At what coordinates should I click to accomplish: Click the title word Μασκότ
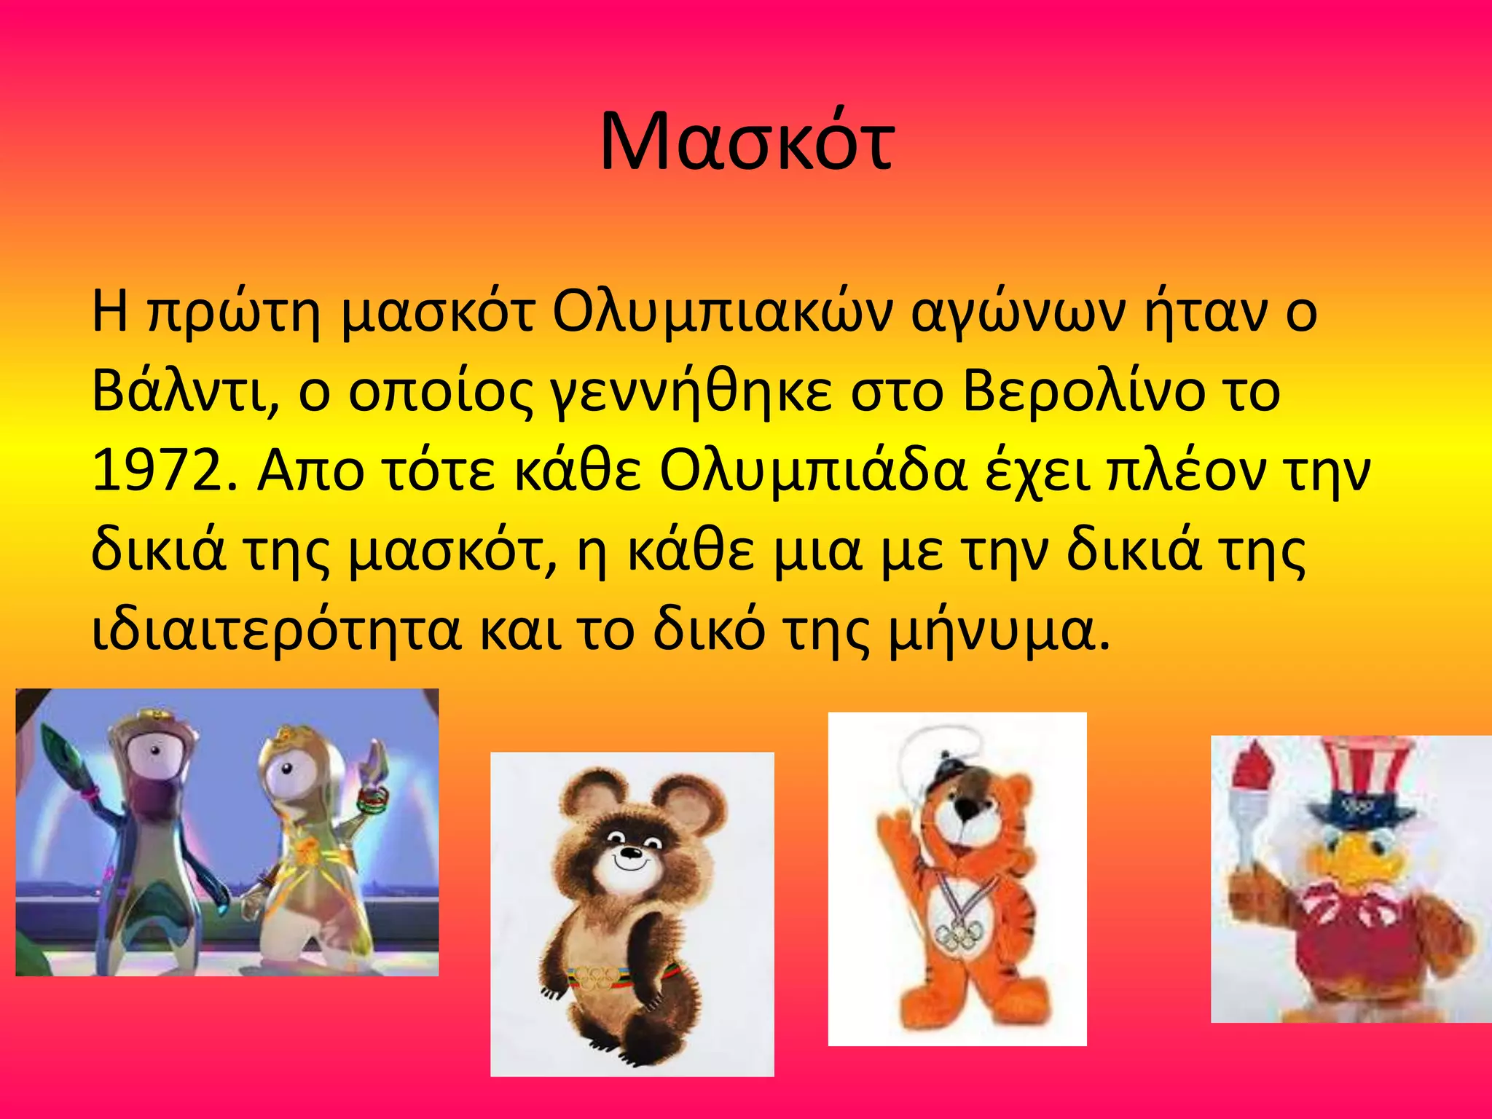746,143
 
